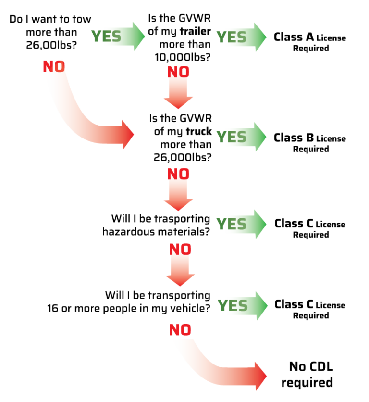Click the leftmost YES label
106,37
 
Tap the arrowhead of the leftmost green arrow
138,37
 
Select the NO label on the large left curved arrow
54,66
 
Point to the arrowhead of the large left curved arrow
128,135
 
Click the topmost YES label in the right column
231,37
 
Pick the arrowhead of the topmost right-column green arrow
260,37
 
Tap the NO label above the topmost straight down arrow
178,72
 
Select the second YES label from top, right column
231,137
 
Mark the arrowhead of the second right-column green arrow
260,137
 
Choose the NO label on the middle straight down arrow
178,174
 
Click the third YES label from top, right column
231,224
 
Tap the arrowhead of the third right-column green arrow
260,224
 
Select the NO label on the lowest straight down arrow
180,249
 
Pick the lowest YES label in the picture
233,305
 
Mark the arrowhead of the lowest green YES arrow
261,305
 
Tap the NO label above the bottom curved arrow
180,330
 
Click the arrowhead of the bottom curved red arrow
260,376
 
